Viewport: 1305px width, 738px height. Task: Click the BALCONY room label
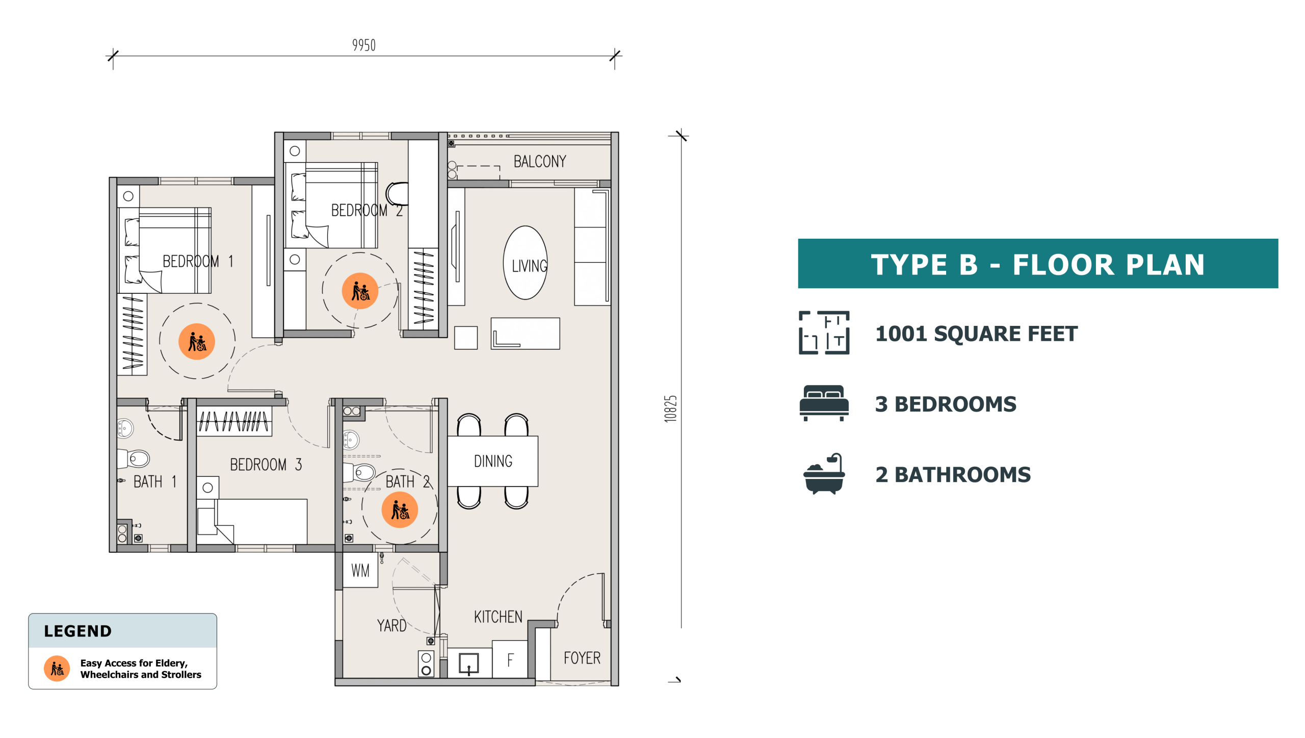539,161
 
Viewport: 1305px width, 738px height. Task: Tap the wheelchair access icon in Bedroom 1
197,341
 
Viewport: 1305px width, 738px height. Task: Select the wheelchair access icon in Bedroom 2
360,291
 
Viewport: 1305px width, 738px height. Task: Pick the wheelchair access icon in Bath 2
400,510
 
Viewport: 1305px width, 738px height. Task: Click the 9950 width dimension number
363,45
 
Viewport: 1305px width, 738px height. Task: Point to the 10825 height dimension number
670,409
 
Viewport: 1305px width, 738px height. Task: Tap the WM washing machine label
360,570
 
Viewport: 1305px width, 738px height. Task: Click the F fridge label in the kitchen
510,660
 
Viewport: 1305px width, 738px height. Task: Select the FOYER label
582,657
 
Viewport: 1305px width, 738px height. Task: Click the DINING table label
493,461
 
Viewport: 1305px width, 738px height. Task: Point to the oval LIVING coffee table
526,263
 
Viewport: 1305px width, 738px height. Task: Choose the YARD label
391,625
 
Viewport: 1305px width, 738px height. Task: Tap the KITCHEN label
498,617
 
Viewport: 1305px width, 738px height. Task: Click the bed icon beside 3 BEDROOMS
824,403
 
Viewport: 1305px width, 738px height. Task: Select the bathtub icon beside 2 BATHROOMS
824,474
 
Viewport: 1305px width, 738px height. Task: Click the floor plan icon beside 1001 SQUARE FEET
824,333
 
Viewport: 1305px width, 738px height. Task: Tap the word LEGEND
77,631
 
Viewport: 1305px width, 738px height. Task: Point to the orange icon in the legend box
57,668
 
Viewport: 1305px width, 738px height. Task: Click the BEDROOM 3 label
266,465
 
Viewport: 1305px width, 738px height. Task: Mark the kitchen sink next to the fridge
468,664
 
